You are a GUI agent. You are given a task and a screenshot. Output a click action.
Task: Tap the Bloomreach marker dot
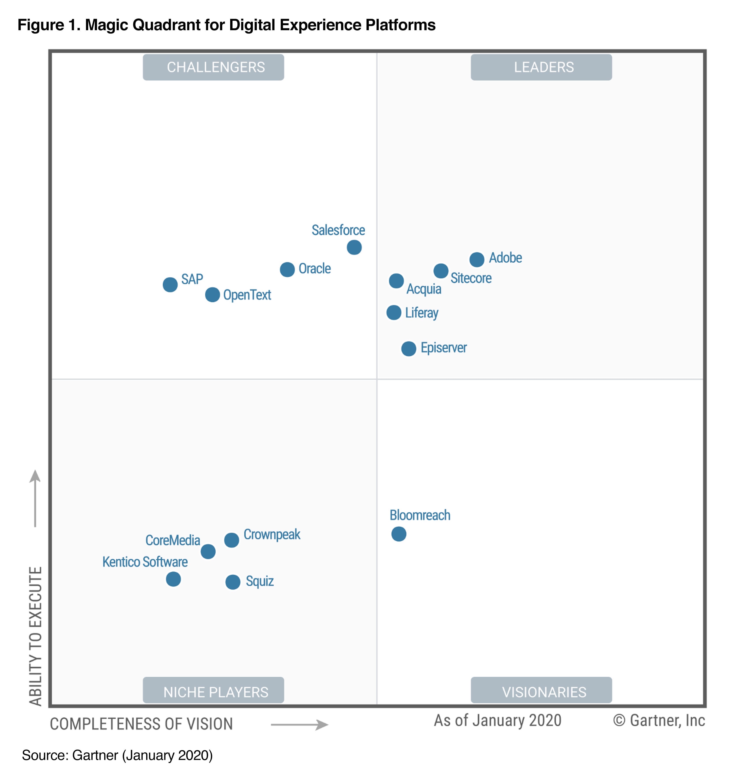tap(399, 534)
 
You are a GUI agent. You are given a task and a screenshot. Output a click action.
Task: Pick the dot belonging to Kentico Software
tap(173, 579)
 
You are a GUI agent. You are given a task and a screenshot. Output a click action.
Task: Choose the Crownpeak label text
tap(272, 534)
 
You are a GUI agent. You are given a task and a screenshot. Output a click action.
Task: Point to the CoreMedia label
tap(173, 540)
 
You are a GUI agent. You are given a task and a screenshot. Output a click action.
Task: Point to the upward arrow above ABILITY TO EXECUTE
tap(35, 498)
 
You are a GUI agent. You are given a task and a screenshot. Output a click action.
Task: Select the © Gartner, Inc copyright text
tap(659, 720)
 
